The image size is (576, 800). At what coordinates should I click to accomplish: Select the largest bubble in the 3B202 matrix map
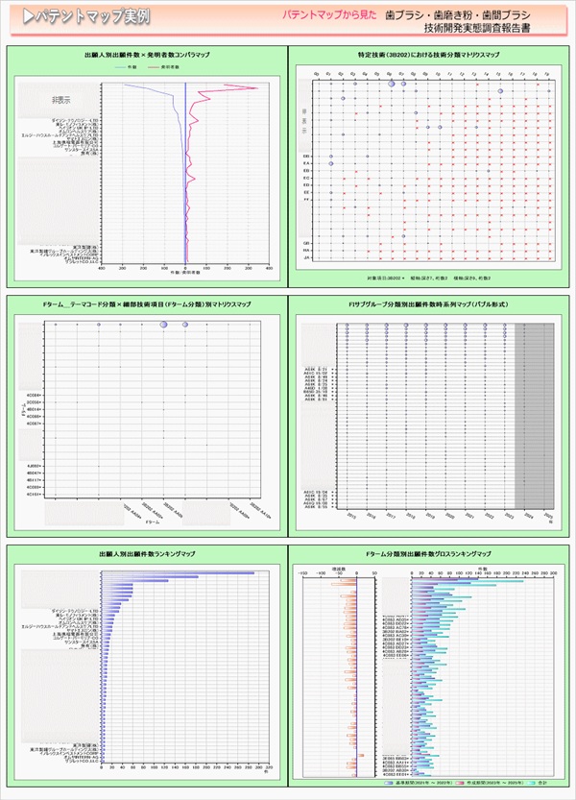pyautogui.click(x=393, y=85)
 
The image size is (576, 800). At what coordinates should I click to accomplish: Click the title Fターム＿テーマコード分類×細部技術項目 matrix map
pyautogui.click(x=147, y=303)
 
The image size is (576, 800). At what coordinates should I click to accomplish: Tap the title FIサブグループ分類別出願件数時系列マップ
pyautogui.click(x=428, y=303)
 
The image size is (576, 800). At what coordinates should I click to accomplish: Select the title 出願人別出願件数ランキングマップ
pyautogui.click(x=146, y=554)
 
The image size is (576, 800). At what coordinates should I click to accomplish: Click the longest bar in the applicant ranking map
pyautogui.click(x=179, y=573)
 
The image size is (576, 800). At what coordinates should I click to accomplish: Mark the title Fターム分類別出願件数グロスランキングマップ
pyautogui.click(x=428, y=554)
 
